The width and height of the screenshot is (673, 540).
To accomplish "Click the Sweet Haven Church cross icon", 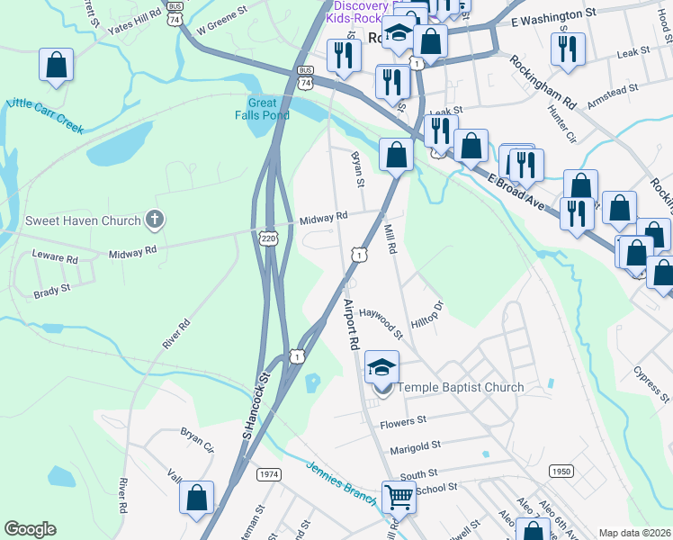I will click(155, 220).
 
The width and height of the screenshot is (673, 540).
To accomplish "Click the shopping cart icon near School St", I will click(399, 495).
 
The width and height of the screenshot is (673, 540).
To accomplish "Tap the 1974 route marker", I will click(269, 474).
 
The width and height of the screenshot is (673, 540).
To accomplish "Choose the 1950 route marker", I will click(561, 471).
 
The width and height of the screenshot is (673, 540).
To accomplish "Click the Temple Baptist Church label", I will click(460, 388).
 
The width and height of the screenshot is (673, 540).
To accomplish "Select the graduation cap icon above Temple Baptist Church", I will click(381, 366).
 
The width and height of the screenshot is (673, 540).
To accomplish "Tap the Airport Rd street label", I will click(351, 325).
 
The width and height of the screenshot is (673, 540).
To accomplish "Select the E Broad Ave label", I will click(519, 193).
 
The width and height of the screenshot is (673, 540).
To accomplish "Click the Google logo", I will click(30, 529).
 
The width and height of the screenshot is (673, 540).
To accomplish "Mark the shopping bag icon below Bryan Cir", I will click(196, 497).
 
